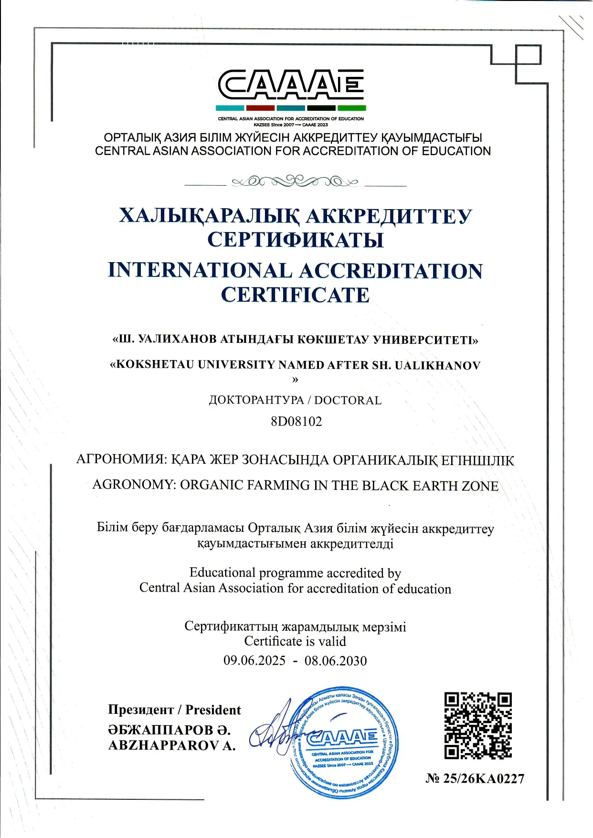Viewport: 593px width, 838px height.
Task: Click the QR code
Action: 478,725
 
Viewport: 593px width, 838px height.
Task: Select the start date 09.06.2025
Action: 254,661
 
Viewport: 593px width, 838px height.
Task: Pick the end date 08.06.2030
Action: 336,661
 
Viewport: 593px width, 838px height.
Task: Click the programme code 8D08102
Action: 296,421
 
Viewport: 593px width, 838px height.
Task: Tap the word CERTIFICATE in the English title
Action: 295,295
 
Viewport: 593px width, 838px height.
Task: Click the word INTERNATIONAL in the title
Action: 200,270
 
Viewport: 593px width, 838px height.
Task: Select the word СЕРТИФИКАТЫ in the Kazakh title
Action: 296,239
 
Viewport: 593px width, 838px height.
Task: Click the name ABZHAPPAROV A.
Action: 172,746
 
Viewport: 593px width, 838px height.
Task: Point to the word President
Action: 213,710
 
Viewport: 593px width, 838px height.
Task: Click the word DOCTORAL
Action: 348,400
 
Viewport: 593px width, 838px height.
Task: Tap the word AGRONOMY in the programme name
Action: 134,485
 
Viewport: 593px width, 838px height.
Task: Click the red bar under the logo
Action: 260,108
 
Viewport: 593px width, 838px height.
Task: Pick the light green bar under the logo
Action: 351,108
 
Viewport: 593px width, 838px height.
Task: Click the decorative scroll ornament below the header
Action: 295,181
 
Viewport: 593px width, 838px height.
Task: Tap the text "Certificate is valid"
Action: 295,641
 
